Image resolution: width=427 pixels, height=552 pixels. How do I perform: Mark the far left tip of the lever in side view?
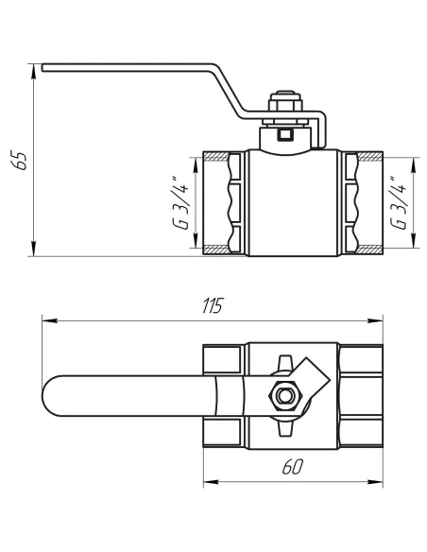pyautogui.click(x=43, y=66)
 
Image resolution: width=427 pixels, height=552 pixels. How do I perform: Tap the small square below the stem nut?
pyautogui.click(x=283, y=136)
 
